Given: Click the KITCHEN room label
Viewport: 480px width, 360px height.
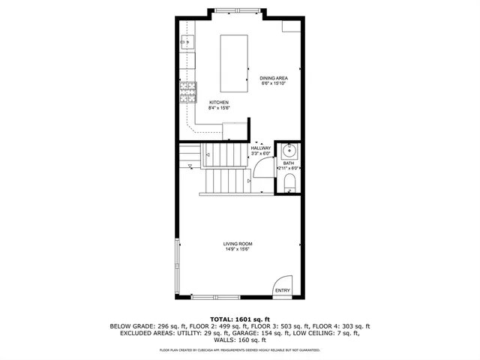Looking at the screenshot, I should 219,102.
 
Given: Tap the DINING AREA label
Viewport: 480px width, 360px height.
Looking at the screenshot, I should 274,78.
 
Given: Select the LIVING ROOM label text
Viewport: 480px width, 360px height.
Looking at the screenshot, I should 237,244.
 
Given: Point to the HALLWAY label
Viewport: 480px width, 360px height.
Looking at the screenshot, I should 261,148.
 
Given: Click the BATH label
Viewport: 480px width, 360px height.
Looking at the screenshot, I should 289,163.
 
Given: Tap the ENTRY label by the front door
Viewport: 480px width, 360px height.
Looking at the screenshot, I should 283,290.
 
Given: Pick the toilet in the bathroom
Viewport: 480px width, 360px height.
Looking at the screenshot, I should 290,182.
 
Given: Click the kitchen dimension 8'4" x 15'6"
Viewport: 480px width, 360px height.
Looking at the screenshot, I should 219,108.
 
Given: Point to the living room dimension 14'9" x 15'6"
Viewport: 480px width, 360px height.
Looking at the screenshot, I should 237,250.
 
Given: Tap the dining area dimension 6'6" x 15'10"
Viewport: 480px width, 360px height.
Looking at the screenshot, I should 274,84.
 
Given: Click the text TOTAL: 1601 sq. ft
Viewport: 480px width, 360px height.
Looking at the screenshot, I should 240,319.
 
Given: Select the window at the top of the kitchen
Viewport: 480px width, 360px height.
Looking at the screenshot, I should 236,10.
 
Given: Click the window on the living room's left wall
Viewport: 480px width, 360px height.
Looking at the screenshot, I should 177,267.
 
